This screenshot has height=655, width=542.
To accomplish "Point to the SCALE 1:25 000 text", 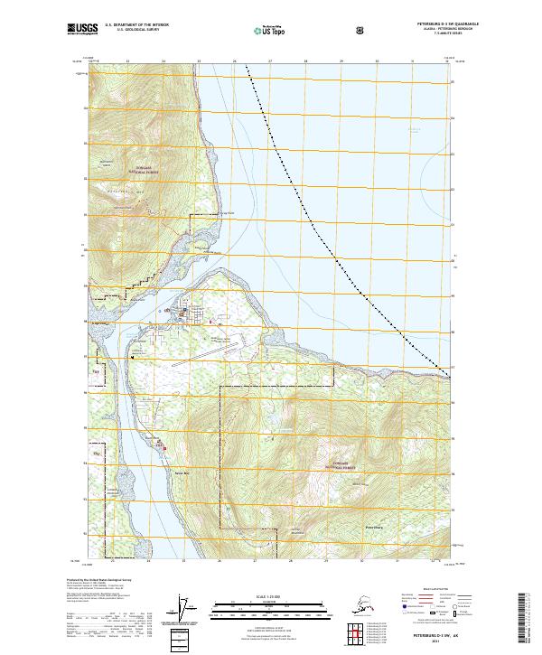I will pyautogui.click(x=271, y=597).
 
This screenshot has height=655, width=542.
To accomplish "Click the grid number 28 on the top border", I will pyautogui.click(x=305, y=61).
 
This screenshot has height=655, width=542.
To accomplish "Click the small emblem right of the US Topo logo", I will pyautogui.click(x=361, y=30).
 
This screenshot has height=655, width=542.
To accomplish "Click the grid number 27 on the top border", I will pyautogui.click(x=270, y=61).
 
